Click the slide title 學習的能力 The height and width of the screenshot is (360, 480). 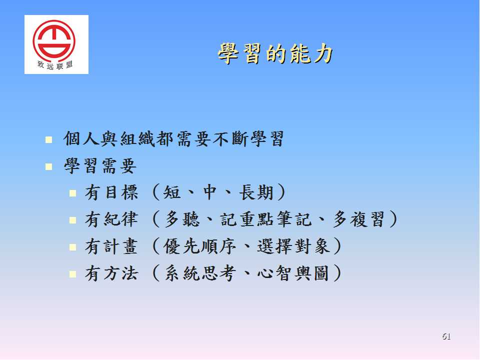(275, 54)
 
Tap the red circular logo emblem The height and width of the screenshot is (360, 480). (54, 39)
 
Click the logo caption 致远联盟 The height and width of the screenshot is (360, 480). (55, 65)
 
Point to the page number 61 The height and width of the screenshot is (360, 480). (446, 336)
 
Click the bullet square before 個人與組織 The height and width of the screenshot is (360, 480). (48, 140)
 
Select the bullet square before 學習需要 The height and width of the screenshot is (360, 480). (48, 166)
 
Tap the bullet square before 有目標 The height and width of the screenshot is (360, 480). (72, 193)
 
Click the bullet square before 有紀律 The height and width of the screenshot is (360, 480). (72, 220)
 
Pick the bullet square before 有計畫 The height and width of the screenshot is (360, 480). (72, 247)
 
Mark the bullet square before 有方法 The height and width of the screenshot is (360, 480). (72, 273)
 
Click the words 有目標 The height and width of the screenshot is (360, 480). (111, 192)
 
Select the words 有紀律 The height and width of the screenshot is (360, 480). (111, 219)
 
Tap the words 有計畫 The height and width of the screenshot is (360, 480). (111, 246)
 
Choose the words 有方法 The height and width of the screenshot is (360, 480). (111, 273)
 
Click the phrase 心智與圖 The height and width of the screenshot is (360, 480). (293, 273)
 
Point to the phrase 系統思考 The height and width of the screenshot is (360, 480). (200, 273)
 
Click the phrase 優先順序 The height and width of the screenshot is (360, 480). (200, 246)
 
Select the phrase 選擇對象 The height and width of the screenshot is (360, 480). (293, 246)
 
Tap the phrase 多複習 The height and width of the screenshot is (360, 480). (358, 219)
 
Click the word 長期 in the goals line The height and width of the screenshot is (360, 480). (256, 192)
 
